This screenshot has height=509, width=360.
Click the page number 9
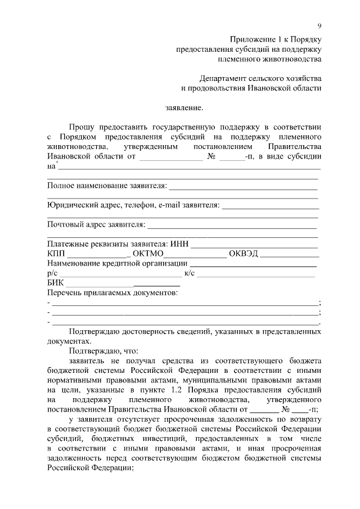pos(319,26)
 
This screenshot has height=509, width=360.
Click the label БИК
pos(56,283)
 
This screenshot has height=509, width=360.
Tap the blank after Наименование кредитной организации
pos(253,264)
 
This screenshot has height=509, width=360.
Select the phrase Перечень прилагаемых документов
pos(112,293)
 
